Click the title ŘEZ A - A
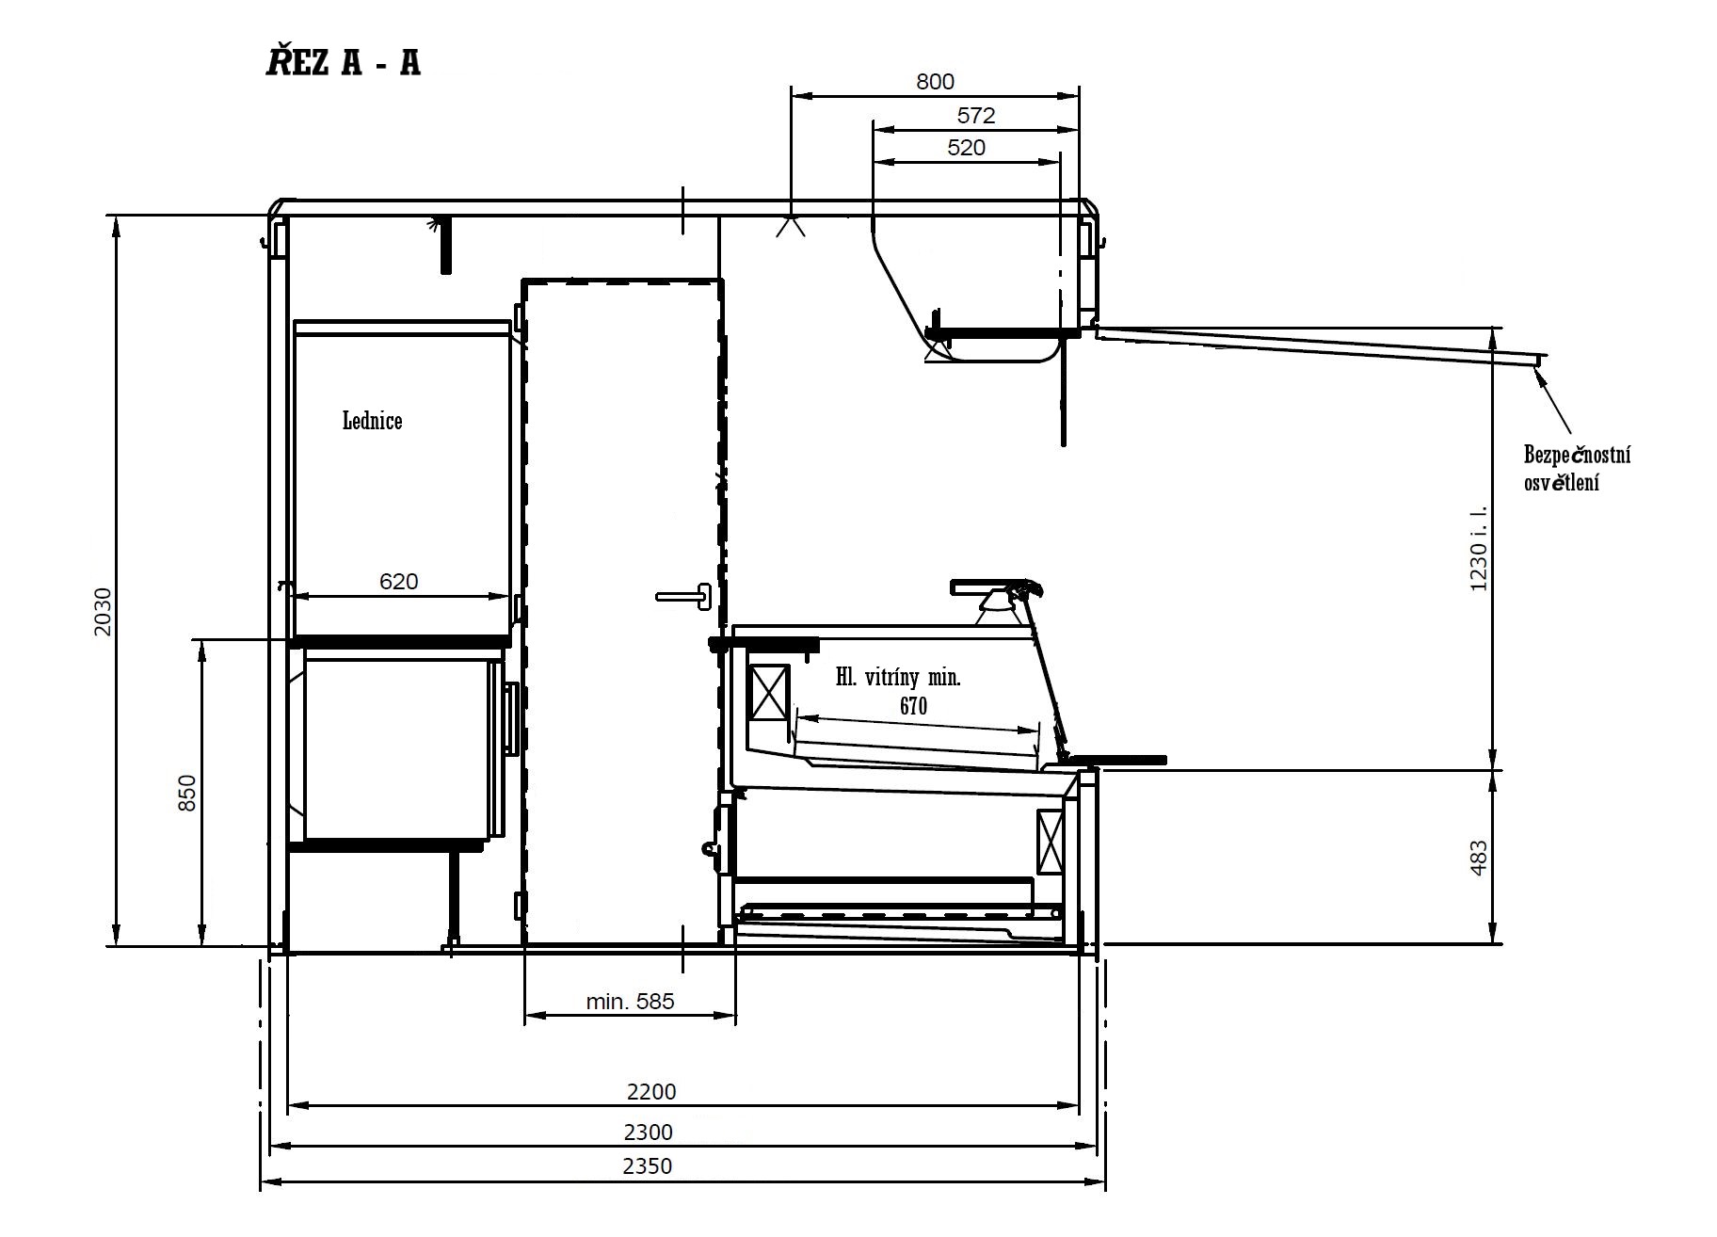pos(343,61)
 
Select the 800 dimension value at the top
pos(935,82)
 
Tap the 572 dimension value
pos(975,115)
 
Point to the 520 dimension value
pos(966,147)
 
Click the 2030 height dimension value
pos(103,612)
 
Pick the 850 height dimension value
pos(187,793)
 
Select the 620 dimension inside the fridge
pos(398,581)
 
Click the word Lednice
pos(372,420)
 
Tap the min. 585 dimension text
pos(630,1001)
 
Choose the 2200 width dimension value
pos(651,1091)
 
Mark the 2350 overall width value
pos(648,1165)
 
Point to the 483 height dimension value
pos(1478,858)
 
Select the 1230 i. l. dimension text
pos(1478,549)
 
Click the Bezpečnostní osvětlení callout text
pos(1577,469)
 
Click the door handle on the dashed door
pos(685,595)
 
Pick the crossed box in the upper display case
pos(770,693)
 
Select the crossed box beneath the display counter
pos(1051,840)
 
